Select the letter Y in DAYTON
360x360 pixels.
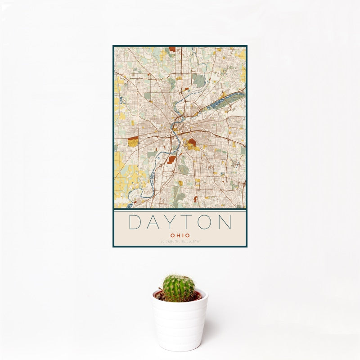click(173, 223)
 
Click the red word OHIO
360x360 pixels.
click(180, 235)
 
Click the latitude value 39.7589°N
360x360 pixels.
click(169, 242)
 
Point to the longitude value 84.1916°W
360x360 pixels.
click(190, 242)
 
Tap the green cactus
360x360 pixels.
click(179, 288)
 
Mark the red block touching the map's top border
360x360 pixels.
click(172, 49)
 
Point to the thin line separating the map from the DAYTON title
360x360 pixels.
click(180, 210)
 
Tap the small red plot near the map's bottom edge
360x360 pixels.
click(195, 198)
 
